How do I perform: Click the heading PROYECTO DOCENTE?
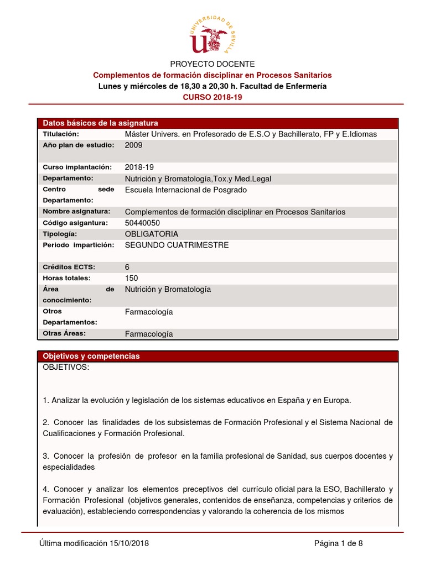[x=212, y=64]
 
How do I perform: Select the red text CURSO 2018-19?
[x=212, y=97]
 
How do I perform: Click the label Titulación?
[x=61, y=134]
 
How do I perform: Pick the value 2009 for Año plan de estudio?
[x=134, y=145]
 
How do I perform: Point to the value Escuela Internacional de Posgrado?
[x=186, y=190]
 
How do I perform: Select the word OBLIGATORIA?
[x=152, y=234]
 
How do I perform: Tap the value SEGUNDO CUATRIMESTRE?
[x=177, y=245]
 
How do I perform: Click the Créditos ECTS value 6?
[x=127, y=267]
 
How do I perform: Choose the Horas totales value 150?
[x=132, y=278]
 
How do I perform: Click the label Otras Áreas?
[x=64, y=333]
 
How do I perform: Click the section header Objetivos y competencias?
[x=91, y=356]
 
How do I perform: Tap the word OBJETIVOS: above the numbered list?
[x=65, y=368]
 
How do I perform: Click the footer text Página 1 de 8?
[x=339, y=543]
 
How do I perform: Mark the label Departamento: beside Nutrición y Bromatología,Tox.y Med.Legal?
[x=68, y=178]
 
